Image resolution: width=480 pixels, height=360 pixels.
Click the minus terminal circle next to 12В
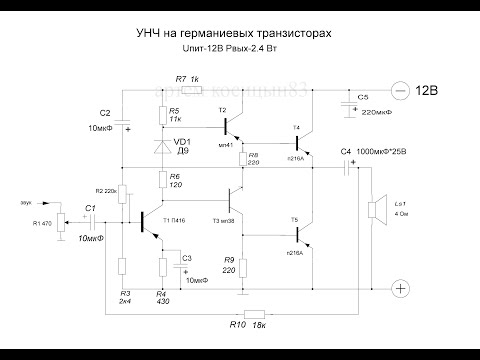(400, 92)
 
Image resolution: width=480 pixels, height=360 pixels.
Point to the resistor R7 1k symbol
(187, 91)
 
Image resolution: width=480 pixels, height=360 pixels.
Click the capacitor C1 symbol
(90, 222)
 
